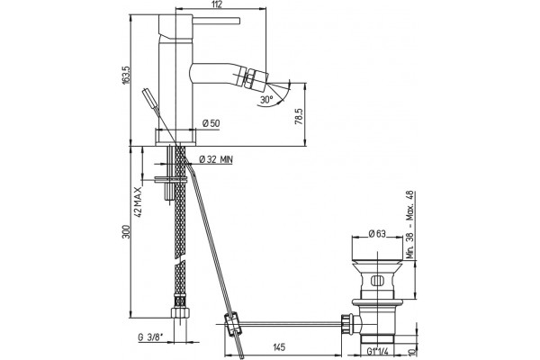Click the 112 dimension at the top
(x=218, y=4)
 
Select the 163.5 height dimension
(x=125, y=75)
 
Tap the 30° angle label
(x=266, y=100)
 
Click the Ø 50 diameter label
(x=211, y=123)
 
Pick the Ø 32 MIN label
(x=216, y=159)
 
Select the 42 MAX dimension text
(x=139, y=202)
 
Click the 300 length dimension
(x=126, y=231)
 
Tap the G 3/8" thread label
(x=149, y=337)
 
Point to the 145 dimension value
(x=278, y=346)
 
